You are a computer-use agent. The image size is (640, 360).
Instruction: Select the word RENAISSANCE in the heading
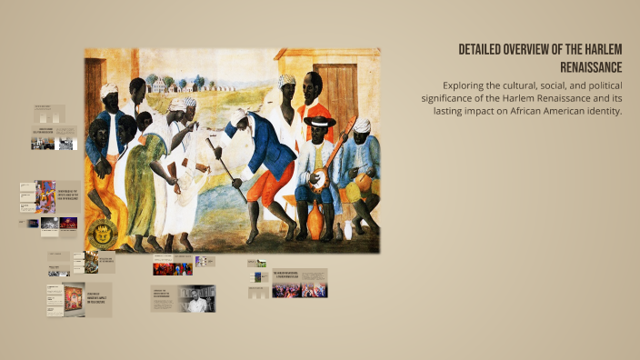point(591,67)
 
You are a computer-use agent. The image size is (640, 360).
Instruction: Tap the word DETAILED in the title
point(486,49)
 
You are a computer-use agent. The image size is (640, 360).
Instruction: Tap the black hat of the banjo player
point(320,120)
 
